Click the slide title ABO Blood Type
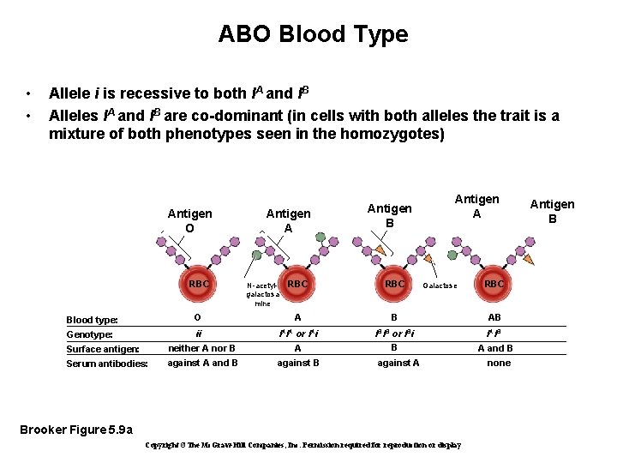pyautogui.click(x=313, y=34)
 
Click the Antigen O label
pyautogui.click(x=189, y=221)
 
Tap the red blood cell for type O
pyautogui.click(x=199, y=284)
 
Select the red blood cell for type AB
pyautogui.click(x=494, y=284)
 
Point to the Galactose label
pyautogui.click(x=440, y=286)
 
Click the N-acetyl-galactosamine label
pyautogui.click(x=262, y=294)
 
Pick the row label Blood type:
pyautogui.click(x=92, y=320)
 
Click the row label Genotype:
pyautogui.click(x=89, y=334)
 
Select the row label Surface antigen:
pyautogui.click(x=103, y=349)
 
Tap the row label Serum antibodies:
pyautogui.click(x=107, y=364)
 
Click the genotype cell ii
pyautogui.click(x=199, y=334)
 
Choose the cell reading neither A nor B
pyautogui.click(x=201, y=348)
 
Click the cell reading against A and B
pyautogui.click(x=202, y=363)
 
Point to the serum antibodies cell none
pyautogui.click(x=498, y=363)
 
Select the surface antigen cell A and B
pyautogui.click(x=495, y=348)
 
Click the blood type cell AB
pyautogui.click(x=494, y=318)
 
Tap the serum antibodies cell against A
pyautogui.click(x=398, y=363)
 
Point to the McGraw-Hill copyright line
pyautogui.click(x=303, y=445)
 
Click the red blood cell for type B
pyautogui.click(x=395, y=284)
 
